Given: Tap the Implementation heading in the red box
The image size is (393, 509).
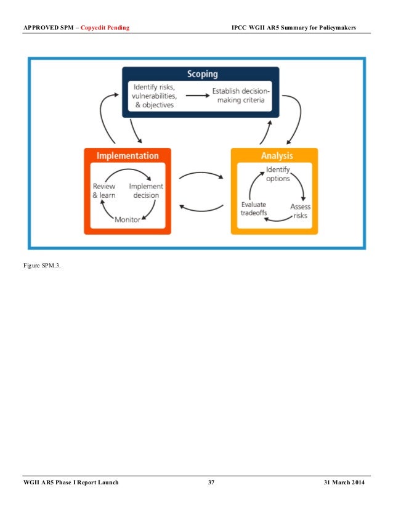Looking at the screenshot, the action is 128,156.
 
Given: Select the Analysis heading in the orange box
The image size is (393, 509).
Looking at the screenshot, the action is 275,156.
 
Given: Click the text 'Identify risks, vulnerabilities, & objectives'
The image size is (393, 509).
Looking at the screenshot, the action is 155,96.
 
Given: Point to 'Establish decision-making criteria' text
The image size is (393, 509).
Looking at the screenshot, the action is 241,96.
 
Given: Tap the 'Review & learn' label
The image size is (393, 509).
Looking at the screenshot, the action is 104,191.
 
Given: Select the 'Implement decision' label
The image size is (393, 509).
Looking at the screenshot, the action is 146,191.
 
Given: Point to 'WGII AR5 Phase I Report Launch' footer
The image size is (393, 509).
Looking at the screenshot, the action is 71,482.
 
